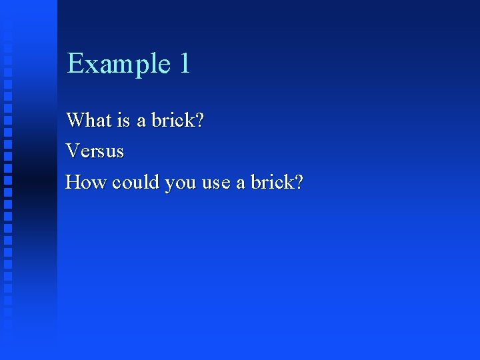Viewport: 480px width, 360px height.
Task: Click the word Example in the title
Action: pyautogui.click(x=119, y=64)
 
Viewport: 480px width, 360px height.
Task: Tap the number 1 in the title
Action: pyautogui.click(x=184, y=63)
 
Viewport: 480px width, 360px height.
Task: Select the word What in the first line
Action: pyautogui.click(x=84, y=121)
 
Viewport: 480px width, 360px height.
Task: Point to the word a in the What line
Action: pyautogui.click(x=141, y=122)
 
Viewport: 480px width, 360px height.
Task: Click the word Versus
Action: pyautogui.click(x=95, y=151)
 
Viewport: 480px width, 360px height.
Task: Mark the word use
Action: pyautogui.click(x=215, y=183)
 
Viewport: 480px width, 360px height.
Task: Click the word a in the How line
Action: pyautogui.click(x=241, y=183)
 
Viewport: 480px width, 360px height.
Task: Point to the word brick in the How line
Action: pyautogui.click(x=271, y=182)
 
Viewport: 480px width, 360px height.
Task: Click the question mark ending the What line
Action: pyautogui.click(x=199, y=121)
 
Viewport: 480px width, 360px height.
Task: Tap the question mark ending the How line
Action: pyautogui.click(x=298, y=182)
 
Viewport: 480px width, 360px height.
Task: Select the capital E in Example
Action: pyautogui.click(x=75, y=63)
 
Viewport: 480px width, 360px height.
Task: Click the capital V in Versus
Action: pyautogui.click(x=72, y=151)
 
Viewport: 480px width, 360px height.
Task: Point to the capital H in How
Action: pyautogui.click(x=73, y=182)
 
